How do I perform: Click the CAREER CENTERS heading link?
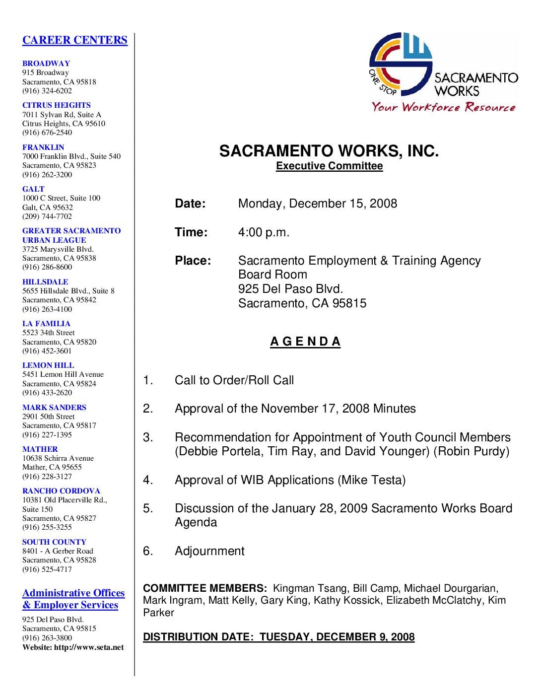click(74, 40)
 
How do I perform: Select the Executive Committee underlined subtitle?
click(329, 166)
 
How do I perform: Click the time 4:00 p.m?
click(264, 232)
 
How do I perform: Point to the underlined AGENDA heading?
click(305, 342)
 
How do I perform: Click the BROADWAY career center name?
click(46, 64)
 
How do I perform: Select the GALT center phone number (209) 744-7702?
click(47, 216)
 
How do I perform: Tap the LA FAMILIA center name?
click(46, 324)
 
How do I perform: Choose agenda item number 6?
click(148, 551)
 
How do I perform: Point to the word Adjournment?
click(209, 551)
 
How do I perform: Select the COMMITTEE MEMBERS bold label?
click(205, 589)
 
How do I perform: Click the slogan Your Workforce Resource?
click(444, 107)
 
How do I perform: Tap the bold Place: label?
click(193, 261)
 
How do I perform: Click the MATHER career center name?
click(40, 449)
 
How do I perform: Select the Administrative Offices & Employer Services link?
click(73, 599)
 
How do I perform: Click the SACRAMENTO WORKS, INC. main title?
click(329, 151)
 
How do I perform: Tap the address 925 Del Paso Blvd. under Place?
click(290, 289)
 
